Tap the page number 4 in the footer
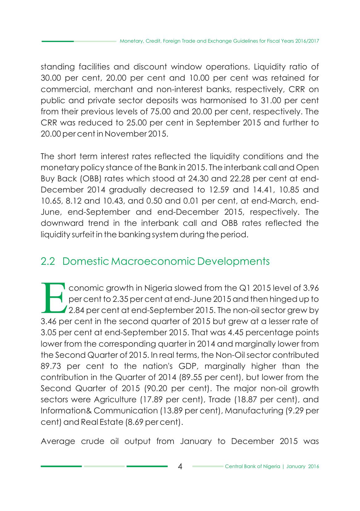point(180,467)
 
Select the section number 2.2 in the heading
point(48,261)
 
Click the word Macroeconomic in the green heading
point(153,261)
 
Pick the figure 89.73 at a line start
point(51,366)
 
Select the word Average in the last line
point(58,441)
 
